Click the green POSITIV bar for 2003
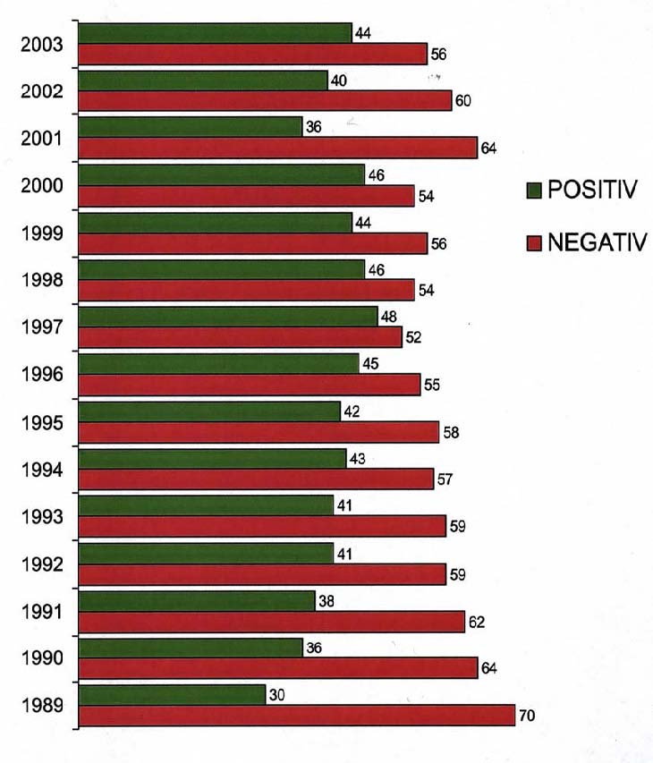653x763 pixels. click(215, 33)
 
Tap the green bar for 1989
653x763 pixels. click(172, 694)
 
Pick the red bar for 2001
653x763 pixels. click(277, 148)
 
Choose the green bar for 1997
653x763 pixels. click(228, 317)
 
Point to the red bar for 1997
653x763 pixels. click(240, 337)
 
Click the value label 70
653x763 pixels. click(527, 716)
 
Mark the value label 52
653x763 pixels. click(412, 338)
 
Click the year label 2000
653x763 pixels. click(41, 185)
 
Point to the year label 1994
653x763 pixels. click(41, 469)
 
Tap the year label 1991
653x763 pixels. click(41, 611)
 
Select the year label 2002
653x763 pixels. click(41, 90)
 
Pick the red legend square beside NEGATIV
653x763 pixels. click(534, 243)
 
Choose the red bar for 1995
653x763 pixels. click(259, 432)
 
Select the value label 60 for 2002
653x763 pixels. click(462, 100)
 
